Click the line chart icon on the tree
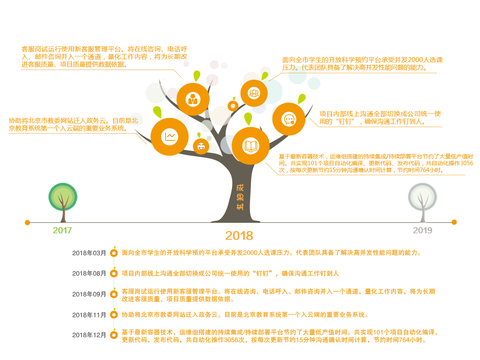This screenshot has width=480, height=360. tap(170, 136)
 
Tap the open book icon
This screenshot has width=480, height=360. tap(251, 146)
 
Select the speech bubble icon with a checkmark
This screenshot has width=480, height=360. tap(288, 120)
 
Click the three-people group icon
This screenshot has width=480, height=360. tap(254, 93)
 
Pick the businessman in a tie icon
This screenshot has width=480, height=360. tap(193, 99)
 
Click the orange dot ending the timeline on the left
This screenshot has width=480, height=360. tap(27, 222)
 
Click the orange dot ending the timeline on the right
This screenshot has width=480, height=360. tap(454, 222)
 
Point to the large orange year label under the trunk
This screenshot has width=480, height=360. tap(239, 236)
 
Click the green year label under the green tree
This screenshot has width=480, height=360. tap(62, 231)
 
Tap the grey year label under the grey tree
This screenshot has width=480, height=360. tap(422, 231)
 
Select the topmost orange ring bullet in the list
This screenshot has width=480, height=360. tap(114, 253)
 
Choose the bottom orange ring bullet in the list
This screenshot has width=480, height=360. tap(114, 335)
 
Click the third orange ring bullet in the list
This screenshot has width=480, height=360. tap(114, 294)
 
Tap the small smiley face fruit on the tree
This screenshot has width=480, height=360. tap(201, 147)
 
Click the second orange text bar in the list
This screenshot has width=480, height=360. tap(230, 274)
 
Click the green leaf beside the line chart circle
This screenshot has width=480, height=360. tap(157, 112)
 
